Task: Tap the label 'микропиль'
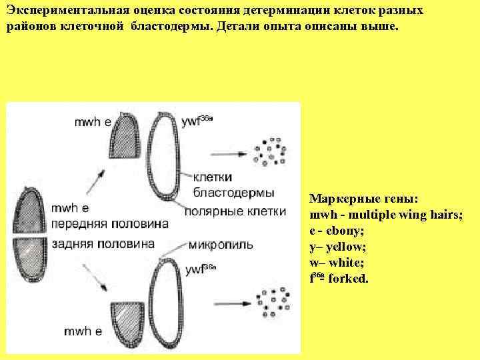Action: pos(221,244)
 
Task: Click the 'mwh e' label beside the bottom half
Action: pos(83,331)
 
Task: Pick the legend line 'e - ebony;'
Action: pos(337,231)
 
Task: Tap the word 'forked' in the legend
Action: pos(348,279)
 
